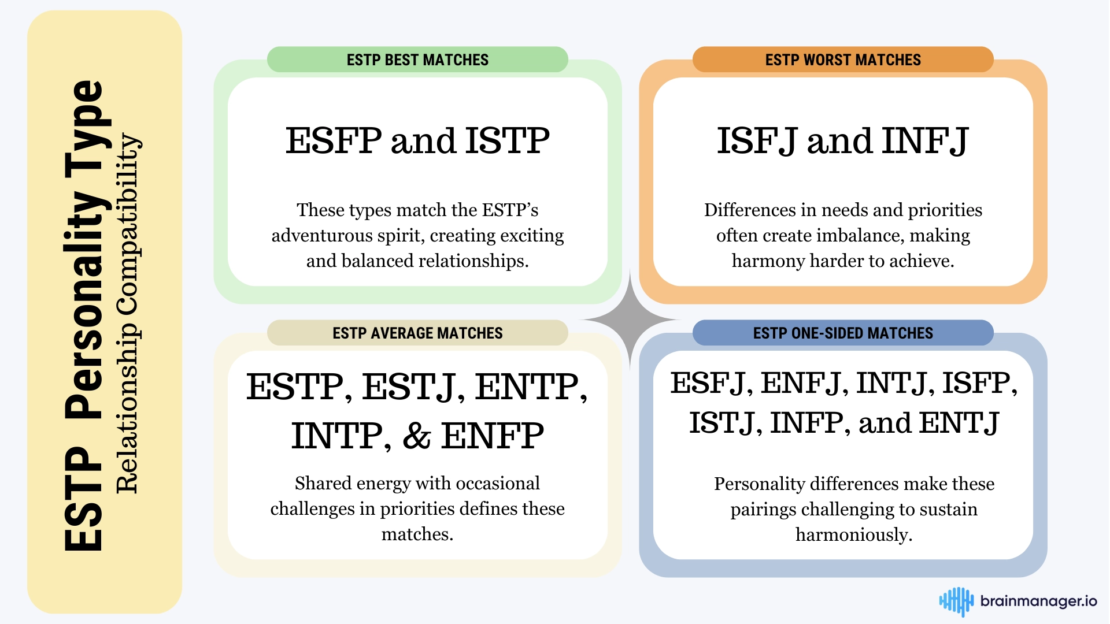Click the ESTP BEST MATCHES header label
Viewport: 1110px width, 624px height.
tap(417, 60)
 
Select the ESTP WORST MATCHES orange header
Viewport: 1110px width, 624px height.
tap(843, 60)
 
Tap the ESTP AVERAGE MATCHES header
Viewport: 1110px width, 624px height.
tap(417, 333)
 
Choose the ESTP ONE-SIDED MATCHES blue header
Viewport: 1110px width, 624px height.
tap(843, 333)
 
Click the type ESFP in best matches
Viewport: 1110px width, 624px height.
tap(334, 140)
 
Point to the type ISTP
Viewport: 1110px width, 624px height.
tap(508, 140)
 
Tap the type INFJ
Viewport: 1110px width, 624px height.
tap(926, 141)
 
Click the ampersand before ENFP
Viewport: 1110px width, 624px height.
tap(417, 436)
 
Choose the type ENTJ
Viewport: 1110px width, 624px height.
tap(959, 424)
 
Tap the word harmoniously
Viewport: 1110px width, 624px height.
tap(854, 535)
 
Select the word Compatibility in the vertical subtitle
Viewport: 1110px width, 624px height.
tap(127, 225)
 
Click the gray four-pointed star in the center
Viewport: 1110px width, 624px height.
tap(630, 320)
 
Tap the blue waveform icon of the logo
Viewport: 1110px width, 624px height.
tap(956, 601)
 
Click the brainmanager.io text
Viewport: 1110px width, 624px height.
tap(1038, 601)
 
